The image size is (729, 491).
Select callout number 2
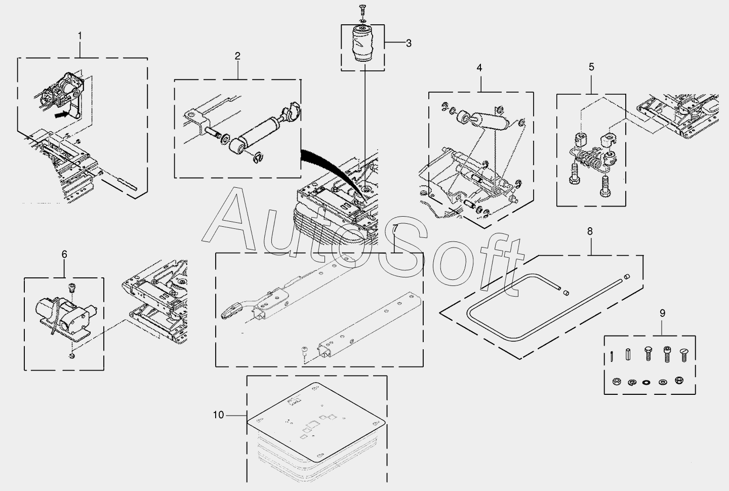[237, 56]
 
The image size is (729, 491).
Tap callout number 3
[408, 43]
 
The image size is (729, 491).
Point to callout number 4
[479, 67]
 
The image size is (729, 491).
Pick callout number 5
[591, 67]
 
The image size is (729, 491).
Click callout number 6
[64, 254]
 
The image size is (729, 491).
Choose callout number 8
[590, 231]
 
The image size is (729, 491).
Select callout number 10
[218, 415]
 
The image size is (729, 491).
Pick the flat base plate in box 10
[316, 420]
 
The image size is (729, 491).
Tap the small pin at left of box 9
[612, 356]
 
